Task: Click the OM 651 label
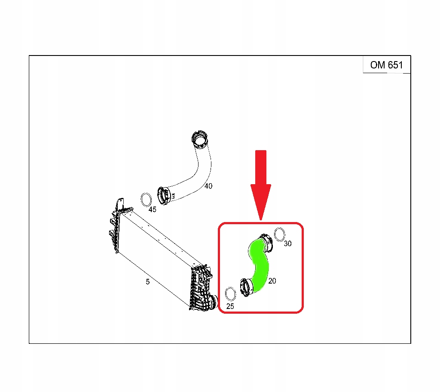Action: (x=386, y=65)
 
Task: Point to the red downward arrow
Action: (x=261, y=185)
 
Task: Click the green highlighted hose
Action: (x=259, y=264)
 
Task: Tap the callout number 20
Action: (x=272, y=281)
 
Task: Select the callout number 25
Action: (x=230, y=306)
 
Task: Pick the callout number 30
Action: (x=287, y=244)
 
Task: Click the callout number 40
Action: (x=208, y=186)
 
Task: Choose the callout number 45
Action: (x=153, y=210)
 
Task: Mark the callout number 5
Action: (x=148, y=281)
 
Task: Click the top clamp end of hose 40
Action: (x=200, y=139)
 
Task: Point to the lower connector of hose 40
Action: (x=164, y=196)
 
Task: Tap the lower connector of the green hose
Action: (x=247, y=287)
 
